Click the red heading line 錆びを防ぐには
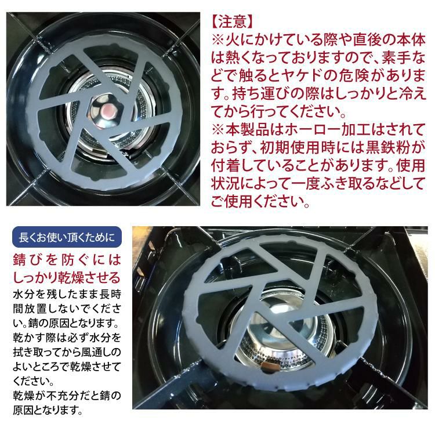[66, 259]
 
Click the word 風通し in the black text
[95, 352]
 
